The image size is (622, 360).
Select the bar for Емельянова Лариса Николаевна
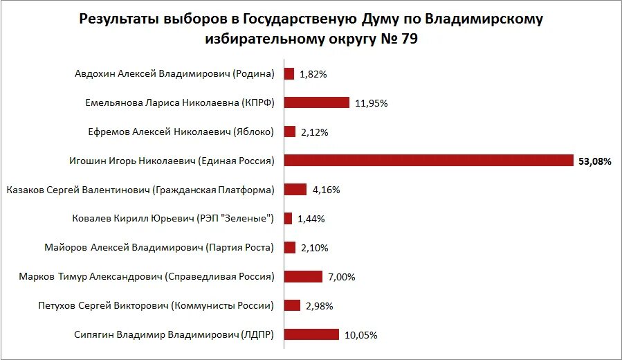(x=316, y=102)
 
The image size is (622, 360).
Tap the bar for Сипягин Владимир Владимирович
(x=311, y=334)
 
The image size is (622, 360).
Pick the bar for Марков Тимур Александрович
(x=303, y=277)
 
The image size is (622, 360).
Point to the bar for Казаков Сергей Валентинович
(x=295, y=190)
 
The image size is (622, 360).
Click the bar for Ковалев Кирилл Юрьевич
(x=288, y=219)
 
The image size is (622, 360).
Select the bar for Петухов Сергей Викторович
(x=292, y=305)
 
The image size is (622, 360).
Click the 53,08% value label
(x=595, y=161)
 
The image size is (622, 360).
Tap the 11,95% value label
(x=371, y=103)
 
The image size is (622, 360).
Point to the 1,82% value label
(x=313, y=74)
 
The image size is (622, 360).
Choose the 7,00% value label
(x=342, y=277)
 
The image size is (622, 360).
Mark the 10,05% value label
(x=360, y=335)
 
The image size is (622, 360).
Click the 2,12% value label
(x=315, y=132)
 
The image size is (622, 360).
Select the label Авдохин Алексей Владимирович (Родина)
(x=174, y=74)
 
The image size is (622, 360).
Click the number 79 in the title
(x=407, y=39)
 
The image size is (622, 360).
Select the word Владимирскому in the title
(x=484, y=18)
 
